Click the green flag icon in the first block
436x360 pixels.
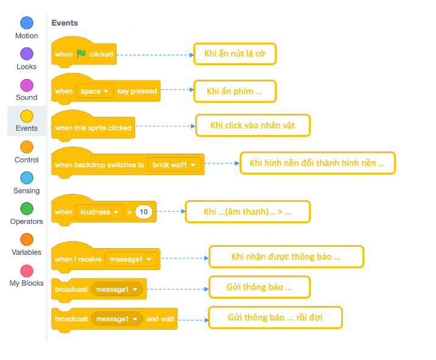[x=81, y=54]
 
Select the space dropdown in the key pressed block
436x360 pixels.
[x=95, y=91]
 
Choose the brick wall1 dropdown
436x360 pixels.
[x=175, y=165]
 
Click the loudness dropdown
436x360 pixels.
[x=100, y=212]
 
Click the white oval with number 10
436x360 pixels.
[x=144, y=212]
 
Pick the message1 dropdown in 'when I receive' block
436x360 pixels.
[x=131, y=259]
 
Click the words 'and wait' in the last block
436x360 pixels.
[x=160, y=319]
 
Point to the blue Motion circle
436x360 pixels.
[x=27, y=23]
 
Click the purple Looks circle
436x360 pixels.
[x=27, y=54]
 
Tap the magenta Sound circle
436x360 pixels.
[x=27, y=85]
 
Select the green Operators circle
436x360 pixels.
[x=27, y=209]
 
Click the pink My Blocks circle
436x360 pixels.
[x=27, y=271]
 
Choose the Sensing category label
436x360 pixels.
[x=27, y=191]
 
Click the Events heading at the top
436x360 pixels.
[x=65, y=22]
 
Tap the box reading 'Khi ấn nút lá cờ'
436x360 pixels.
[x=235, y=54]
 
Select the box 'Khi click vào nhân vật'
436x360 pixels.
[x=253, y=125]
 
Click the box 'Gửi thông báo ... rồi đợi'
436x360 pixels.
[x=275, y=317]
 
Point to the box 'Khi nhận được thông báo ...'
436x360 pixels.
[x=286, y=257]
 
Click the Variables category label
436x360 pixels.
[x=27, y=252]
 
